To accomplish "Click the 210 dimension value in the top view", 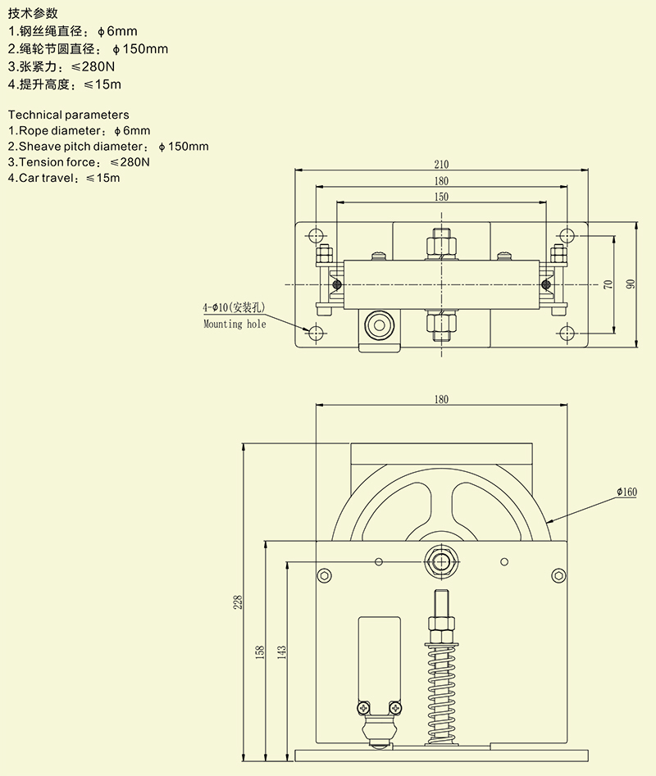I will pyautogui.click(x=442, y=165).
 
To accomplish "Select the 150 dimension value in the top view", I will pyautogui.click(x=442, y=197).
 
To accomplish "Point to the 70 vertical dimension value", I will pyautogui.click(x=608, y=284).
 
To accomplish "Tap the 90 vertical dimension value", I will pyautogui.click(x=631, y=284).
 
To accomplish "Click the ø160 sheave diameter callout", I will pyautogui.click(x=626, y=492).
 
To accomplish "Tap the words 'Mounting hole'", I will pyautogui.click(x=235, y=324).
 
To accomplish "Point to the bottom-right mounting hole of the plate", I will pyautogui.click(x=566, y=332).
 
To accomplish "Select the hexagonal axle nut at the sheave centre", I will pyautogui.click(x=442, y=561).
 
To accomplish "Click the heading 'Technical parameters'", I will pyautogui.click(x=68, y=115).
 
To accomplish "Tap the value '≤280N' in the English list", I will pyautogui.click(x=130, y=162).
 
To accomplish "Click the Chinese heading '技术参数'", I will pyautogui.click(x=33, y=12).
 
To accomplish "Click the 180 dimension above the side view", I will pyautogui.click(x=441, y=399).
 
